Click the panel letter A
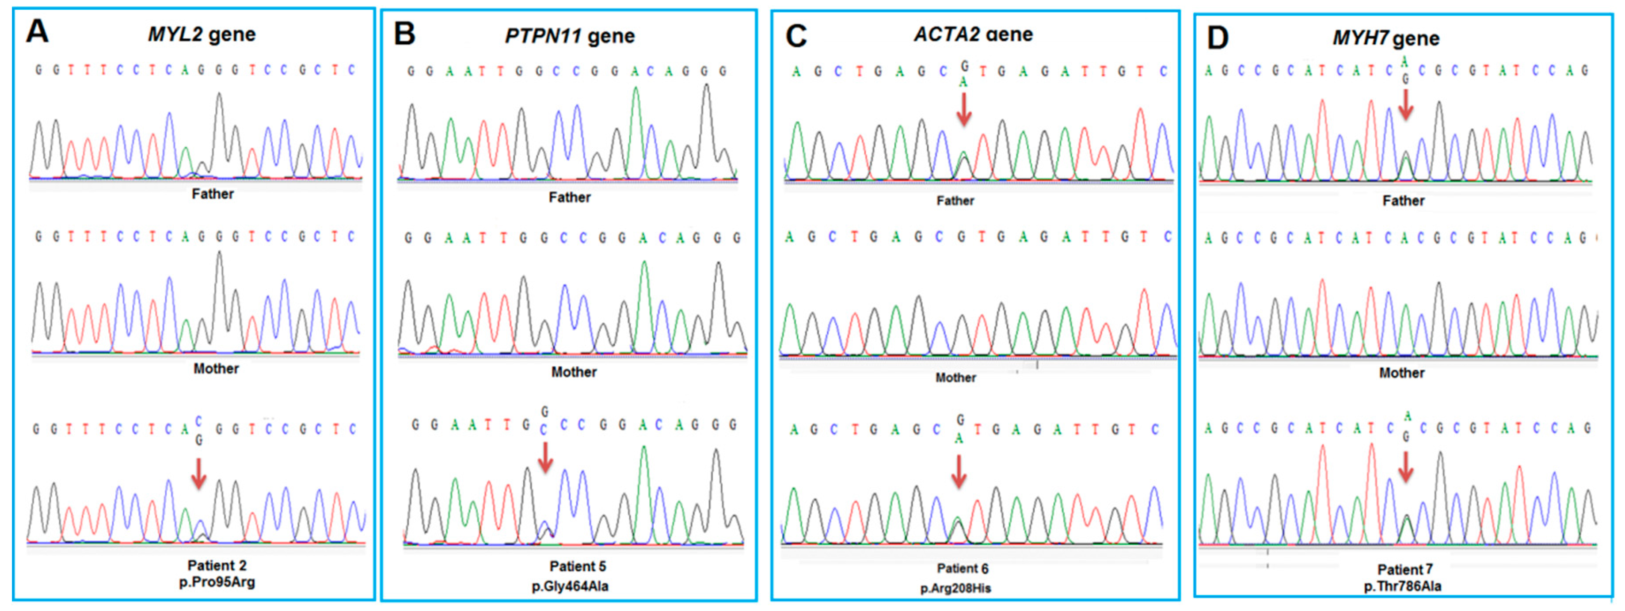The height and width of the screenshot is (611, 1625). tap(37, 31)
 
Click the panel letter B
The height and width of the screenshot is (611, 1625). tap(404, 34)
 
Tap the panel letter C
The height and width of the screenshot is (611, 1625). tap(795, 36)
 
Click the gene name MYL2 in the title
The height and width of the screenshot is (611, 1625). tap(174, 34)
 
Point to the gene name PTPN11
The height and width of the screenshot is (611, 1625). tap(543, 36)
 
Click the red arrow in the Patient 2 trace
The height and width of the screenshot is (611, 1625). tap(199, 474)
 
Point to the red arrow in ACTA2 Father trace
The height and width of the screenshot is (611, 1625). tap(963, 109)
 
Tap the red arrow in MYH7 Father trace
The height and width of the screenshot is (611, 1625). tap(1405, 104)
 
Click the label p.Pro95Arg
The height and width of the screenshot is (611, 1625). tap(217, 582)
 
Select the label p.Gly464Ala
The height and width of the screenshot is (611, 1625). tap(570, 586)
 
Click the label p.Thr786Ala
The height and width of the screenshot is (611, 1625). tap(1402, 586)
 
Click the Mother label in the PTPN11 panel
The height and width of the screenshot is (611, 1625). tap(574, 372)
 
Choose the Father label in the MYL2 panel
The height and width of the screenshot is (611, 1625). tap(213, 194)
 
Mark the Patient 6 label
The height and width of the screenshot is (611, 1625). tap(962, 568)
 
